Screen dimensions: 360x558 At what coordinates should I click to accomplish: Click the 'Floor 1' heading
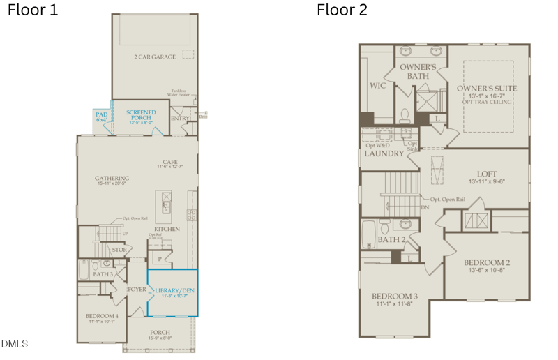tap(33, 10)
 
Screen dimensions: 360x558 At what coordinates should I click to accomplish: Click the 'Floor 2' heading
tap(342, 10)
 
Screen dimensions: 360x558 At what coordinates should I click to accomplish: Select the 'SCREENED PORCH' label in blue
tap(141, 114)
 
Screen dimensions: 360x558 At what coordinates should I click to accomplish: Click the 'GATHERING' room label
tap(112, 178)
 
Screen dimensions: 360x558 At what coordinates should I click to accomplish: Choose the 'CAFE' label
tap(171, 162)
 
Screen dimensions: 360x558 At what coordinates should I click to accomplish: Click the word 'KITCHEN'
tap(167, 229)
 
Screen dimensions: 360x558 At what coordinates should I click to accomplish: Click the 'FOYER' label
tap(137, 289)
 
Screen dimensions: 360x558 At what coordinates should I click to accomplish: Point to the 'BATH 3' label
tap(103, 274)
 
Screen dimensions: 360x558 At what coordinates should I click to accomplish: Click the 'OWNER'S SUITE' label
tap(487, 89)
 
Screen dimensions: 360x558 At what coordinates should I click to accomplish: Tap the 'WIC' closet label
tap(377, 86)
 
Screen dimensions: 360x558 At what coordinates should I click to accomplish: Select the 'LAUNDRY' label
tap(384, 153)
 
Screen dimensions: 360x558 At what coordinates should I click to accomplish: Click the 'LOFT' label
tap(486, 174)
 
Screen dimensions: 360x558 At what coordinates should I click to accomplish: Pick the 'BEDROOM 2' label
tap(487, 262)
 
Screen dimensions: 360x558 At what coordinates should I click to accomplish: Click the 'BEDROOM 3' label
tap(395, 296)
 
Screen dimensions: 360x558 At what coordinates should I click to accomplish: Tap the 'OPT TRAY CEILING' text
tap(488, 102)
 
